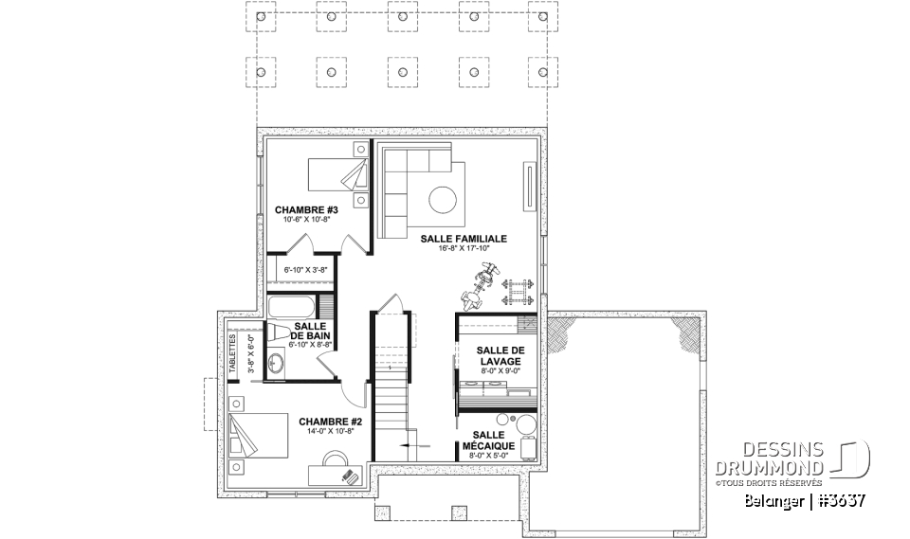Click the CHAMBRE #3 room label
[300, 209]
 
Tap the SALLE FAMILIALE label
[464, 240]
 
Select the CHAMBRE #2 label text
[324, 422]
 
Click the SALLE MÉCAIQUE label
[488, 440]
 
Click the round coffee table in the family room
[442, 199]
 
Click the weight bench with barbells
[517, 288]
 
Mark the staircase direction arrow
[415, 442]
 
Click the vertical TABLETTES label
[233, 355]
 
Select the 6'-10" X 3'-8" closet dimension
[305, 270]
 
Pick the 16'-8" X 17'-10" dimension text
[464, 250]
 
